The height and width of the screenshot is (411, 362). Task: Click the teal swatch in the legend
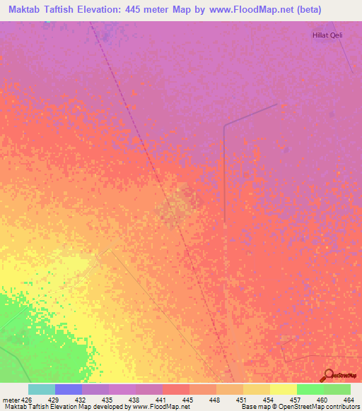tap(42, 389)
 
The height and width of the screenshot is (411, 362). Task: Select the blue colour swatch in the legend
tap(69, 389)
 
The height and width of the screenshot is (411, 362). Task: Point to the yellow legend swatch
tap(283, 389)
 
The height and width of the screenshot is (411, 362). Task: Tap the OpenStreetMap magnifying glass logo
tap(327, 376)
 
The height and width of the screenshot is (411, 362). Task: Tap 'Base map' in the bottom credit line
tap(254, 407)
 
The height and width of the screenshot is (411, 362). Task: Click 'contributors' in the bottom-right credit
tap(344, 407)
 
